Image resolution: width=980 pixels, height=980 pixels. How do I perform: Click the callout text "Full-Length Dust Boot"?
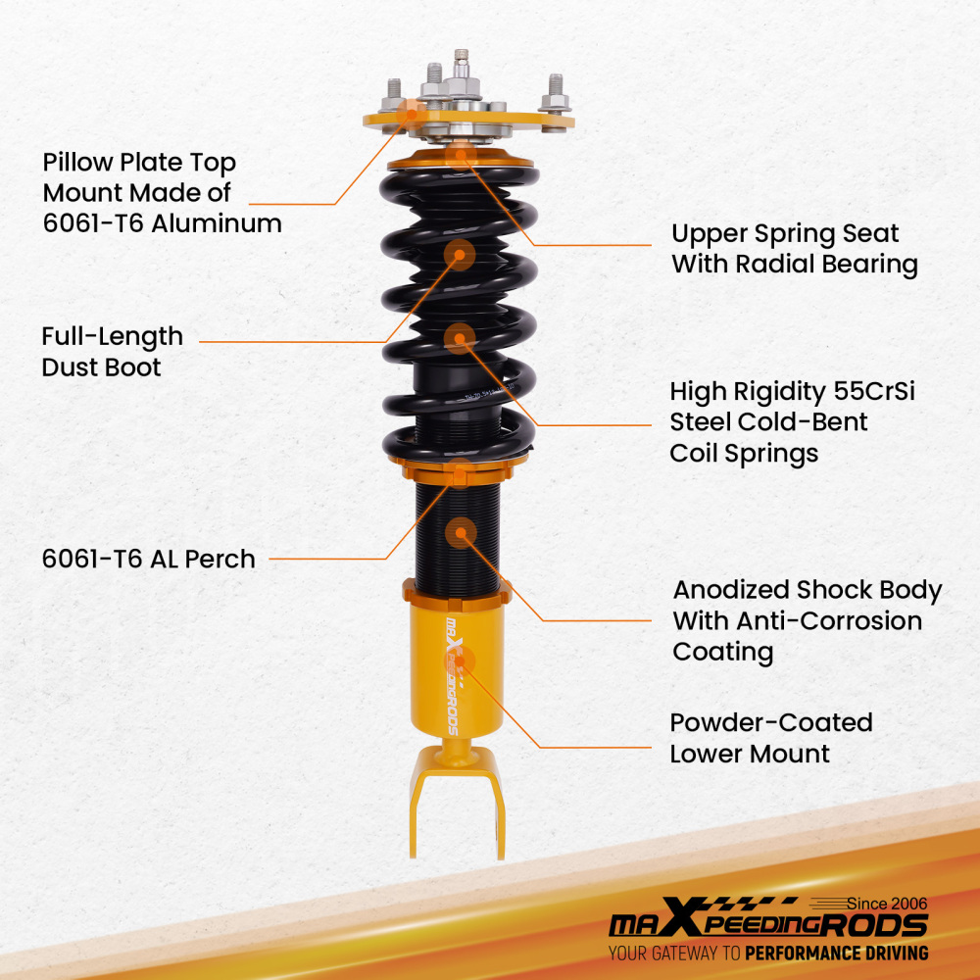tap(112, 352)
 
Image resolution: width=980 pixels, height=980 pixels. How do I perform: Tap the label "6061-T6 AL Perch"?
tap(148, 560)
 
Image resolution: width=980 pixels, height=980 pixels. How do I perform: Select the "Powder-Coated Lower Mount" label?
tap(770, 738)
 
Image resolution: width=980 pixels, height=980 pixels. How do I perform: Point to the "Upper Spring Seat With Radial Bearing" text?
tap(794, 249)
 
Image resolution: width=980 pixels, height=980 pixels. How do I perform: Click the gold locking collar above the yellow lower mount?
tap(457, 591)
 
